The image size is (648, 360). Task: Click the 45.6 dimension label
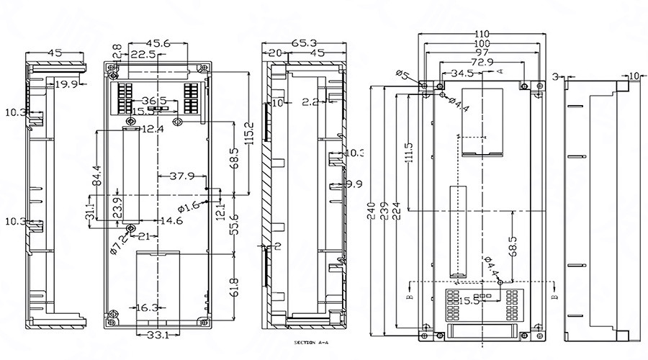[x=158, y=44]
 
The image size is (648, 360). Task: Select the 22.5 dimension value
[x=144, y=55]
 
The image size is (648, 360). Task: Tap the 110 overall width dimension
[x=482, y=34]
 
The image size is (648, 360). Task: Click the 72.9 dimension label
[x=482, y=63]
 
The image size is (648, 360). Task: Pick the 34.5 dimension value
[x=462, y=73]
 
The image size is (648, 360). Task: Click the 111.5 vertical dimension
[x=409, y=153]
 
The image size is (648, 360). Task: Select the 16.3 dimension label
[x=147, y=307]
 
